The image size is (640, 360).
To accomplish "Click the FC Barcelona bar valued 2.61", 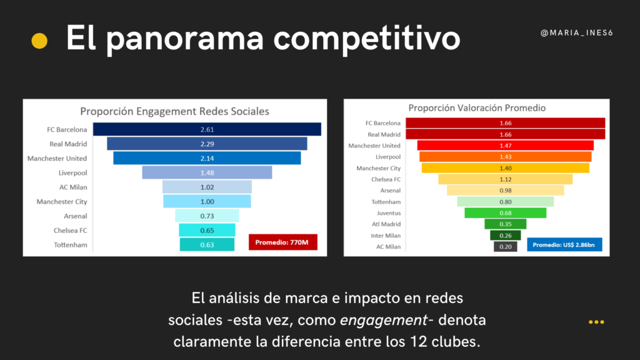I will tap(207, 129).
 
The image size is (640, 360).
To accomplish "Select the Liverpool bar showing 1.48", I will tap(207, 172).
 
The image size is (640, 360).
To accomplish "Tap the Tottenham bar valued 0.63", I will tap(207, 244).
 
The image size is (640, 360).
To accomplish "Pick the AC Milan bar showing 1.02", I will tap(207, 187).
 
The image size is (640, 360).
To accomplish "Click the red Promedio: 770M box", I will tap(282, 242).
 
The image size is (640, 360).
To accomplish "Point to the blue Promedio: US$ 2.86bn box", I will tap(564, 244).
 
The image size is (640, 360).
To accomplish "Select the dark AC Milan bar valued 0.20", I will tap(505, 247).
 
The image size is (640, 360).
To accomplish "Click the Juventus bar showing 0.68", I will tap(505, 213).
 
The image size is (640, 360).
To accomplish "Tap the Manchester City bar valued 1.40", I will tap(505, 168).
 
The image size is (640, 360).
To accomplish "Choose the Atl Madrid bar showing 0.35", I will tap(505, 224).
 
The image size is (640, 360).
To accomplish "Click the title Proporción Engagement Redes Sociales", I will tap(174, 111).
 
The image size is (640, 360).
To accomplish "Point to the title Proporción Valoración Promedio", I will tap(477, 107).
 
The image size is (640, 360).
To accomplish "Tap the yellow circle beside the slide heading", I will tap(39, 41).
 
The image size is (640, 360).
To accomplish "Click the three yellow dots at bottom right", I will tap(596, 322).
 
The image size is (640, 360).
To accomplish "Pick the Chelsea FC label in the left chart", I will tap(70, 231).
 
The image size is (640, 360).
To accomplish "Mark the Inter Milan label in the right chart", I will tap(384, 236).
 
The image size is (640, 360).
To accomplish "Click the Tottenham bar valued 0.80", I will tap(505, 202).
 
